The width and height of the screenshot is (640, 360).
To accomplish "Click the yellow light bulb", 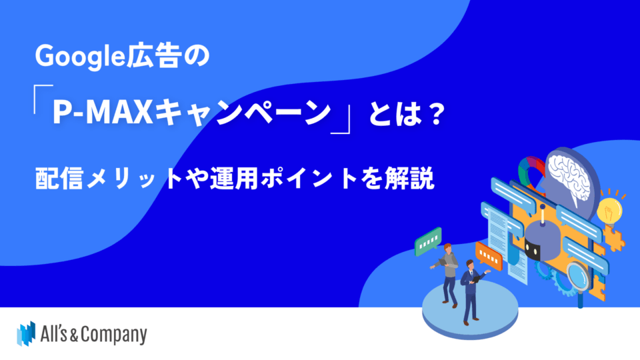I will coord(609,209).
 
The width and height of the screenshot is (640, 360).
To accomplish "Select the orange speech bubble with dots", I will coord(489,256).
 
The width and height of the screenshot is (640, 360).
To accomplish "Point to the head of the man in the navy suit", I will coord(471,265).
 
